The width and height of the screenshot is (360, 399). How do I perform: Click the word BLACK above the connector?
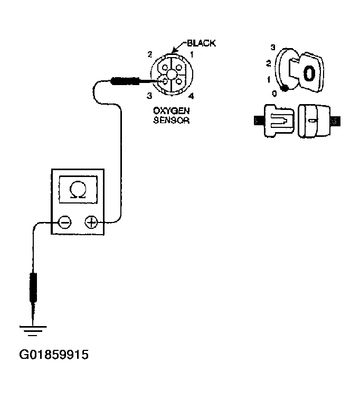click(x=201, y=43)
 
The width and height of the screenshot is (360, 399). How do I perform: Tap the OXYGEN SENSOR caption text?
click(x=171, y=115)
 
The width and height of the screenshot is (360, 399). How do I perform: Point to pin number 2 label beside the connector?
click(x=150, y=54)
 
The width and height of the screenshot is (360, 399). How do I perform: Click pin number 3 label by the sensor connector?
click(x=150, y=96)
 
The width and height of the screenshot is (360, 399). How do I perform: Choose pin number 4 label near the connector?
click(x=191, y=96)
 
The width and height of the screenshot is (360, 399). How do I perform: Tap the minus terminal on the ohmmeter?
click(x=64, y=222)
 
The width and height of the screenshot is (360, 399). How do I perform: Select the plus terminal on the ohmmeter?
click(x=91, y=222)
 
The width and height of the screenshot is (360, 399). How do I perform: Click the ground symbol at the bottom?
click(x=32, y=332)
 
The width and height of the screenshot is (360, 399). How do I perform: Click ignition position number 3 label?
click(x=272, y=47)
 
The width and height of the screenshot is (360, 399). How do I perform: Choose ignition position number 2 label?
click(x=269, y=63)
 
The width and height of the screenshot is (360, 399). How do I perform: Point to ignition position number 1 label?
click(x=269, y=79)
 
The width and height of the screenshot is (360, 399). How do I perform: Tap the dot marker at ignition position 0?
click(x=285, y=88)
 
